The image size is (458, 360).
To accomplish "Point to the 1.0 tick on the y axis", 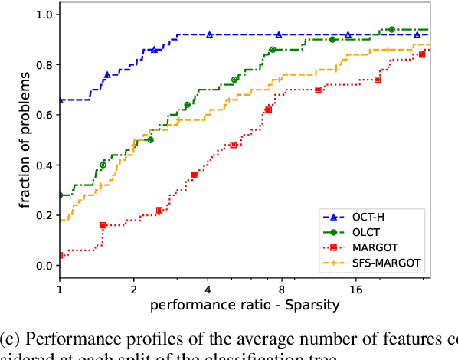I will (45, 15).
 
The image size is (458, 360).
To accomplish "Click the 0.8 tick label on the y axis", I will (45, 65).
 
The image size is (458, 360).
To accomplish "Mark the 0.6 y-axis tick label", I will (45, 115).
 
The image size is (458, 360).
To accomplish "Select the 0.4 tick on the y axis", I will (45, 165).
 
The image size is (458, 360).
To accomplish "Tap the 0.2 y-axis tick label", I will (45, 215).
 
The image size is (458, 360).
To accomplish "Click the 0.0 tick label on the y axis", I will (45, 266).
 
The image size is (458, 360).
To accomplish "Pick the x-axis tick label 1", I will (60, 290).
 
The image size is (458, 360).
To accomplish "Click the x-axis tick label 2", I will (134, 290).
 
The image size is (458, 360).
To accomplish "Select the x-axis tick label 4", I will (208, 290).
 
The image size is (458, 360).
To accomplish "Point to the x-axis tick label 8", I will (282, 290).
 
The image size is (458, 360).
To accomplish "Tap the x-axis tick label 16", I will (355, 290).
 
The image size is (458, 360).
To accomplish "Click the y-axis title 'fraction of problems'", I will (25, 140).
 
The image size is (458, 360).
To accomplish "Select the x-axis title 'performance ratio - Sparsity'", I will (244, 306).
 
